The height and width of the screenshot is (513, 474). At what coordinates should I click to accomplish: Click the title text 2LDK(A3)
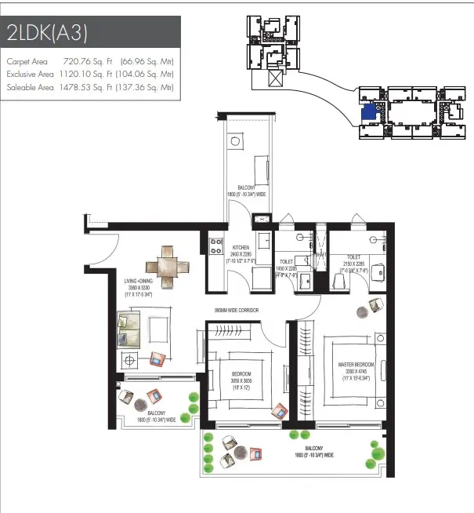[x=47, y=34]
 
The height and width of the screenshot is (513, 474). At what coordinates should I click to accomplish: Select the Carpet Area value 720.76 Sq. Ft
[x=85, y=60]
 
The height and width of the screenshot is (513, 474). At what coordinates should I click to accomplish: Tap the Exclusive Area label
[x=31, y=74]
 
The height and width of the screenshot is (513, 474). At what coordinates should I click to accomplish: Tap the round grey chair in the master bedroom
[x=363, y=311]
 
